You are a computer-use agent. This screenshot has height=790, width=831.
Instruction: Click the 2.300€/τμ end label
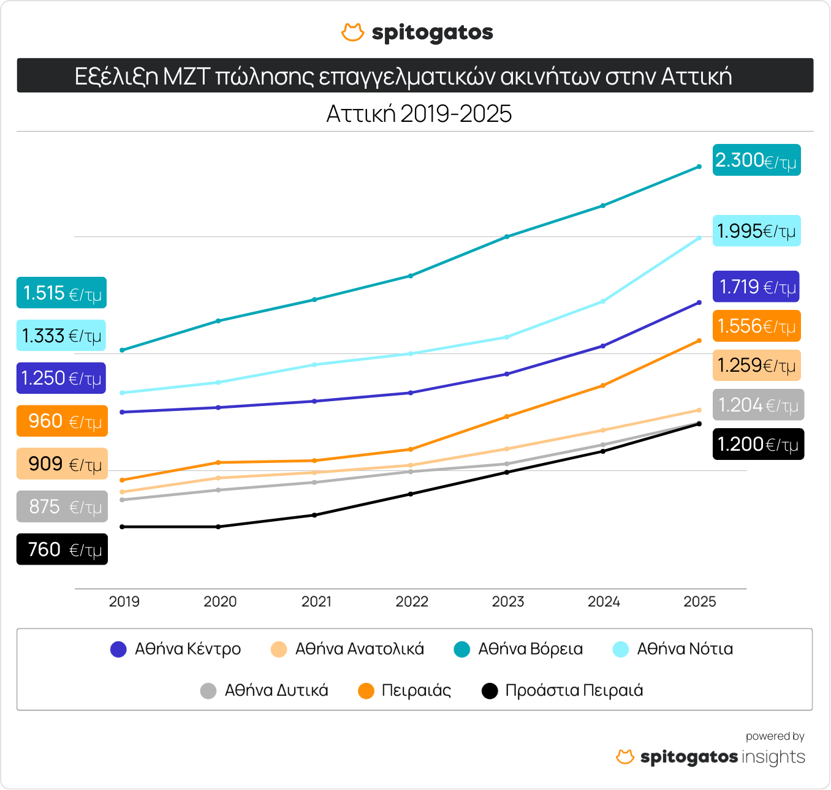click(756, 160)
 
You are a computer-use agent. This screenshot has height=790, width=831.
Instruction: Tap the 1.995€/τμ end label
click(756, 231)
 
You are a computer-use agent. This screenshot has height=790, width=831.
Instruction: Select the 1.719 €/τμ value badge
click(756, 287)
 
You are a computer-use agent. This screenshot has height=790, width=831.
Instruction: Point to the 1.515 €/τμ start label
click(61, 293)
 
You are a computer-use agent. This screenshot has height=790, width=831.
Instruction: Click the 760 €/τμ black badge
click(62, 549)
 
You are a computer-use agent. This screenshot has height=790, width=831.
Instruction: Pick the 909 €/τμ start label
click(62, 464)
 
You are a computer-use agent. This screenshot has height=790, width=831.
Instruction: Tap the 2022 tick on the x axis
click(412, 601)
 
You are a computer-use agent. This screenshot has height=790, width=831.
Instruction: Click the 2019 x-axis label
click(124, 601)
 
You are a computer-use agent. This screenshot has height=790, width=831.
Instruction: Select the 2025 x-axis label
click(699, 601)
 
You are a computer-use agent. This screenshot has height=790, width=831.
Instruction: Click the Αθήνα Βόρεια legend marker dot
click(461, 649)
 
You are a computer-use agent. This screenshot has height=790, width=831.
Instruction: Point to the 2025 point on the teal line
click(699, 167)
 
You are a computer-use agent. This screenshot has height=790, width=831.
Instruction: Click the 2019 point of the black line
click(123, 527)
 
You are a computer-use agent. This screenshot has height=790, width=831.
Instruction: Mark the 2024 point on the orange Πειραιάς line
click(603, 385)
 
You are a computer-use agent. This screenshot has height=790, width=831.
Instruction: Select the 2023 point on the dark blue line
click(507, 374)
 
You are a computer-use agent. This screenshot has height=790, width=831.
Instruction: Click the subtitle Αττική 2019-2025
click(419, 114)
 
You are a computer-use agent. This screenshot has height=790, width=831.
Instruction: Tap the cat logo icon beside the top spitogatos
click(352, 32)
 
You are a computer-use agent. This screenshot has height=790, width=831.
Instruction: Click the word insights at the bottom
click(773, 757)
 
